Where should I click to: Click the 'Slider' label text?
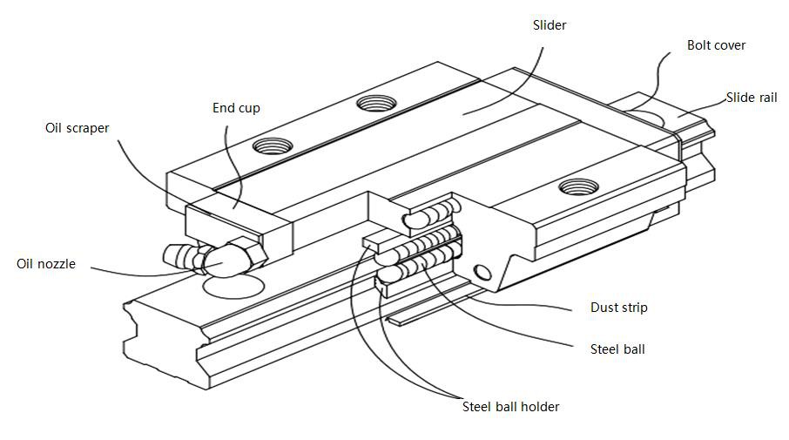click(x=550, y=25)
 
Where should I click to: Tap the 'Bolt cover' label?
click(x=716, y=45)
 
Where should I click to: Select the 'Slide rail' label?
click(x=752, y=98)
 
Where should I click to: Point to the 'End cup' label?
click(x=236, y=108)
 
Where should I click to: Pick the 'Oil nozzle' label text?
click(x=45, y=263)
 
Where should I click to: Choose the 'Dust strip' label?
click(x=618, y=308)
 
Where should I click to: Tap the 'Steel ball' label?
click(x=617, y=349)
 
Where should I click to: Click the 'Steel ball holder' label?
click(x=510, y=406)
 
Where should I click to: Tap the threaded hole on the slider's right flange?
click(x=577, y=186)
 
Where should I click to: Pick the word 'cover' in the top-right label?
click(x=730, y=45)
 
